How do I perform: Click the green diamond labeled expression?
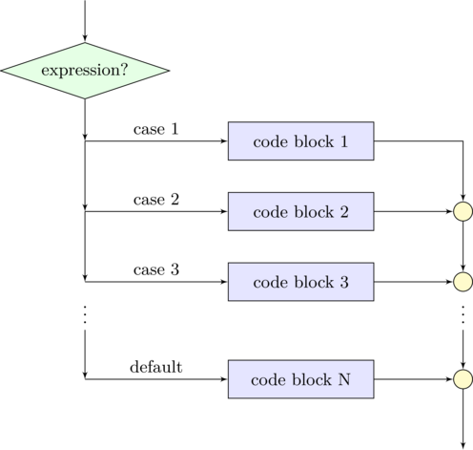point(84,70)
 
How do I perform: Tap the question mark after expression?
point(124,71)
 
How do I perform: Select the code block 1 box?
point(300,141)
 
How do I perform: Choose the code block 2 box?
point(300,211)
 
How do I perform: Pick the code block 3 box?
point(300,282)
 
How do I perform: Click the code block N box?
point(300,379)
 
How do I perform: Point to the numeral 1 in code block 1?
point(343,141)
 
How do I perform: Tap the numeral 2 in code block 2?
point(343,211)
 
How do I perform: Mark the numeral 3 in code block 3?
point(343,282)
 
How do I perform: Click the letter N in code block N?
point(344,379)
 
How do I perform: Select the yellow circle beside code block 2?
point(463,211)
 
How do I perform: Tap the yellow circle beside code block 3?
point(463,282)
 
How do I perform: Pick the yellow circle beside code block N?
point(463,379)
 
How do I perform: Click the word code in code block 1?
point(269,141)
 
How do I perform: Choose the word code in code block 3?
point(269,282)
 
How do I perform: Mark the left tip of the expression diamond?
point(5,70)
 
